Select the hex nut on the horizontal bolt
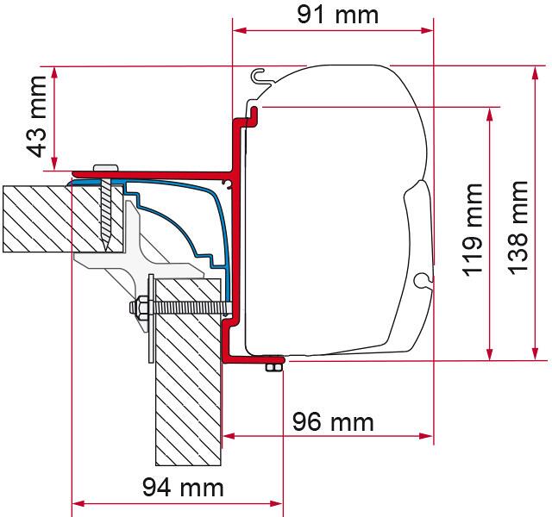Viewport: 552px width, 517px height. (138, 308)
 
